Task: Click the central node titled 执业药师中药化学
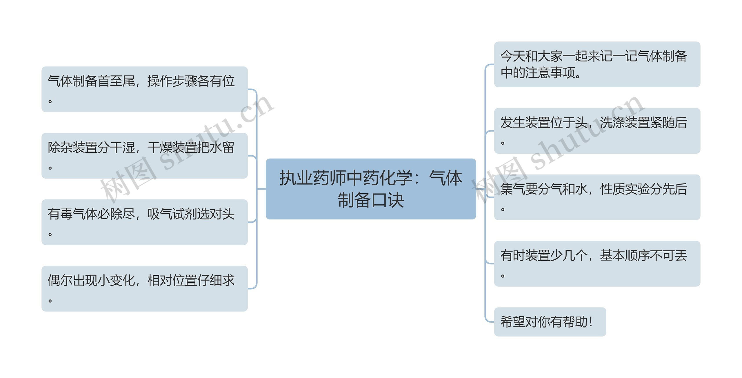(371, 189)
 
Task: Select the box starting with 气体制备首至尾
(144, 89)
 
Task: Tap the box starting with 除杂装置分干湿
(144, 156)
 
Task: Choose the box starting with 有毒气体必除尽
(144, 222)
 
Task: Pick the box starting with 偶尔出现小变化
(144, 288)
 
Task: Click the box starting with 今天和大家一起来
(597, 64)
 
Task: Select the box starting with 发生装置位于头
(597, 131)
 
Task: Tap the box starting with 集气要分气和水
(597, 197)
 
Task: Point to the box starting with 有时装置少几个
(597, 263)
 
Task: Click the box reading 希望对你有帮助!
(550, 322)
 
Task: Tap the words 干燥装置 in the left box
(172, 148)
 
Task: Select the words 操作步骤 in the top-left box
(172, 81)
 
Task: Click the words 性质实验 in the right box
(625, 189)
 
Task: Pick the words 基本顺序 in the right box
(625, 255)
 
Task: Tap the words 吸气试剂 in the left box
(172, 214)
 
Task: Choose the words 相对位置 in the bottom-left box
(172, 280)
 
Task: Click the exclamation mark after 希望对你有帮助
(591, 322)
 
